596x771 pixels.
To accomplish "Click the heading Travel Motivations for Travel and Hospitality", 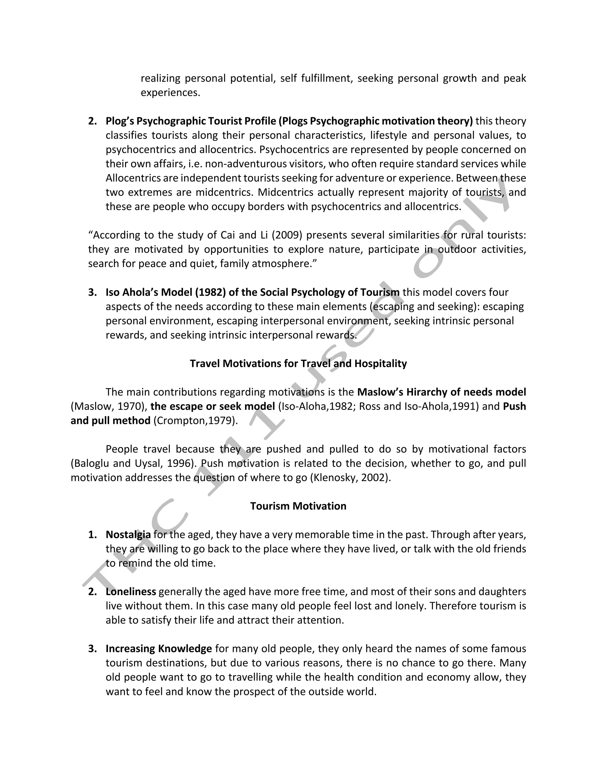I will click(298, 364).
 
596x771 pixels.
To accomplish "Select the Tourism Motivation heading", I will click(298, 506).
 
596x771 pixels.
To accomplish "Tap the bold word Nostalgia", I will click(128, 534).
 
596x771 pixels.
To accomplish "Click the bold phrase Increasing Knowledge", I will click(159, 649).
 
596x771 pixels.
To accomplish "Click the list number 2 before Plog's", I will click(92, 121).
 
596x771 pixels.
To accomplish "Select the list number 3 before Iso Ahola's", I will click(92, 292).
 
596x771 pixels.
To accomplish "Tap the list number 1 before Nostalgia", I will click(92, 534).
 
